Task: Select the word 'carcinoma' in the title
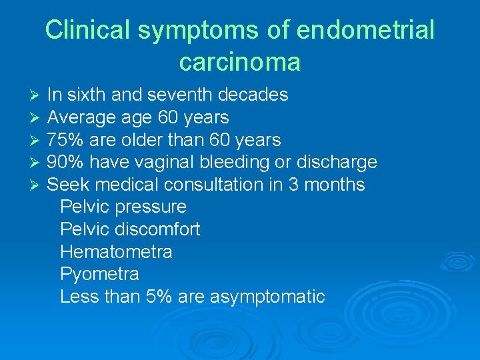pyautogui.click(x=240, y=62)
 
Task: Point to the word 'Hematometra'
pyautogui.click(x=116, y=252)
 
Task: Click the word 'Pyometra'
pyautogui.click(x=99, y=275)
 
